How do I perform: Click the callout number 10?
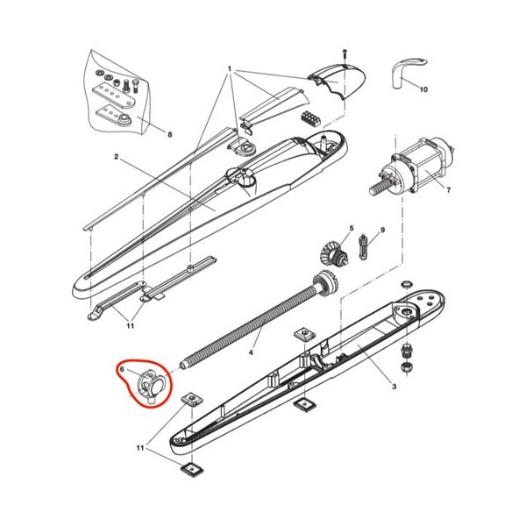tap(423, 89)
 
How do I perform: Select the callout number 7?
tap(449, 190)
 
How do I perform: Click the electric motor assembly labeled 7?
tap(412, 169)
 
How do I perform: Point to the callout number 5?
tap(352, 229)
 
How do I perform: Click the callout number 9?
tap(383, 230)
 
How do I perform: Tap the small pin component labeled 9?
tap(364, 246)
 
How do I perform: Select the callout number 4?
tap(251, 352)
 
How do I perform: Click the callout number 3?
tap(394, 387)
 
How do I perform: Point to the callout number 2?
tap(116, 157)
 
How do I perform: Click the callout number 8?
tap(170, 134)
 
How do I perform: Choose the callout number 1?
tap(230, 69)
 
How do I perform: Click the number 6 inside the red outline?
tap(122, 369)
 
